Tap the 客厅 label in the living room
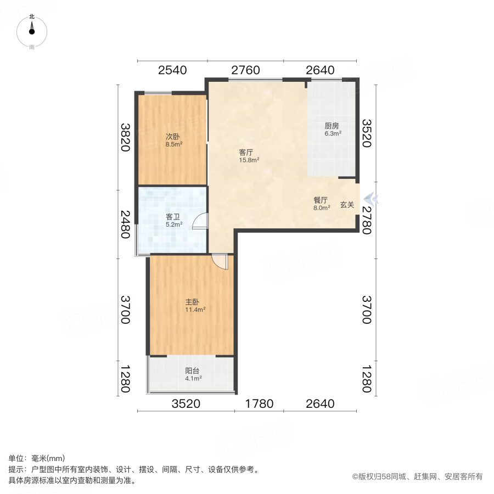click(x=246, y=152)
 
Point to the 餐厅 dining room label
click(x=321, y=200)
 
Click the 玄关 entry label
click(x=347, y=205)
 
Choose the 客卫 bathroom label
click(x=173, y=217)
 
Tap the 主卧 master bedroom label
click(x=192, y=301)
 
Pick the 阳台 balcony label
click(x=192, y=370)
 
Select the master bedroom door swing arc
click(x=221, y=262)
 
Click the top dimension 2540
click(x=172, y=70)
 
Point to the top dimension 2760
click(x=245, y=70)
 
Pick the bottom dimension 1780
click(x=259, y=405)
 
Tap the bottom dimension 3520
click(x=186, y=405)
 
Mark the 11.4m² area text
click(x=195, y=310)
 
